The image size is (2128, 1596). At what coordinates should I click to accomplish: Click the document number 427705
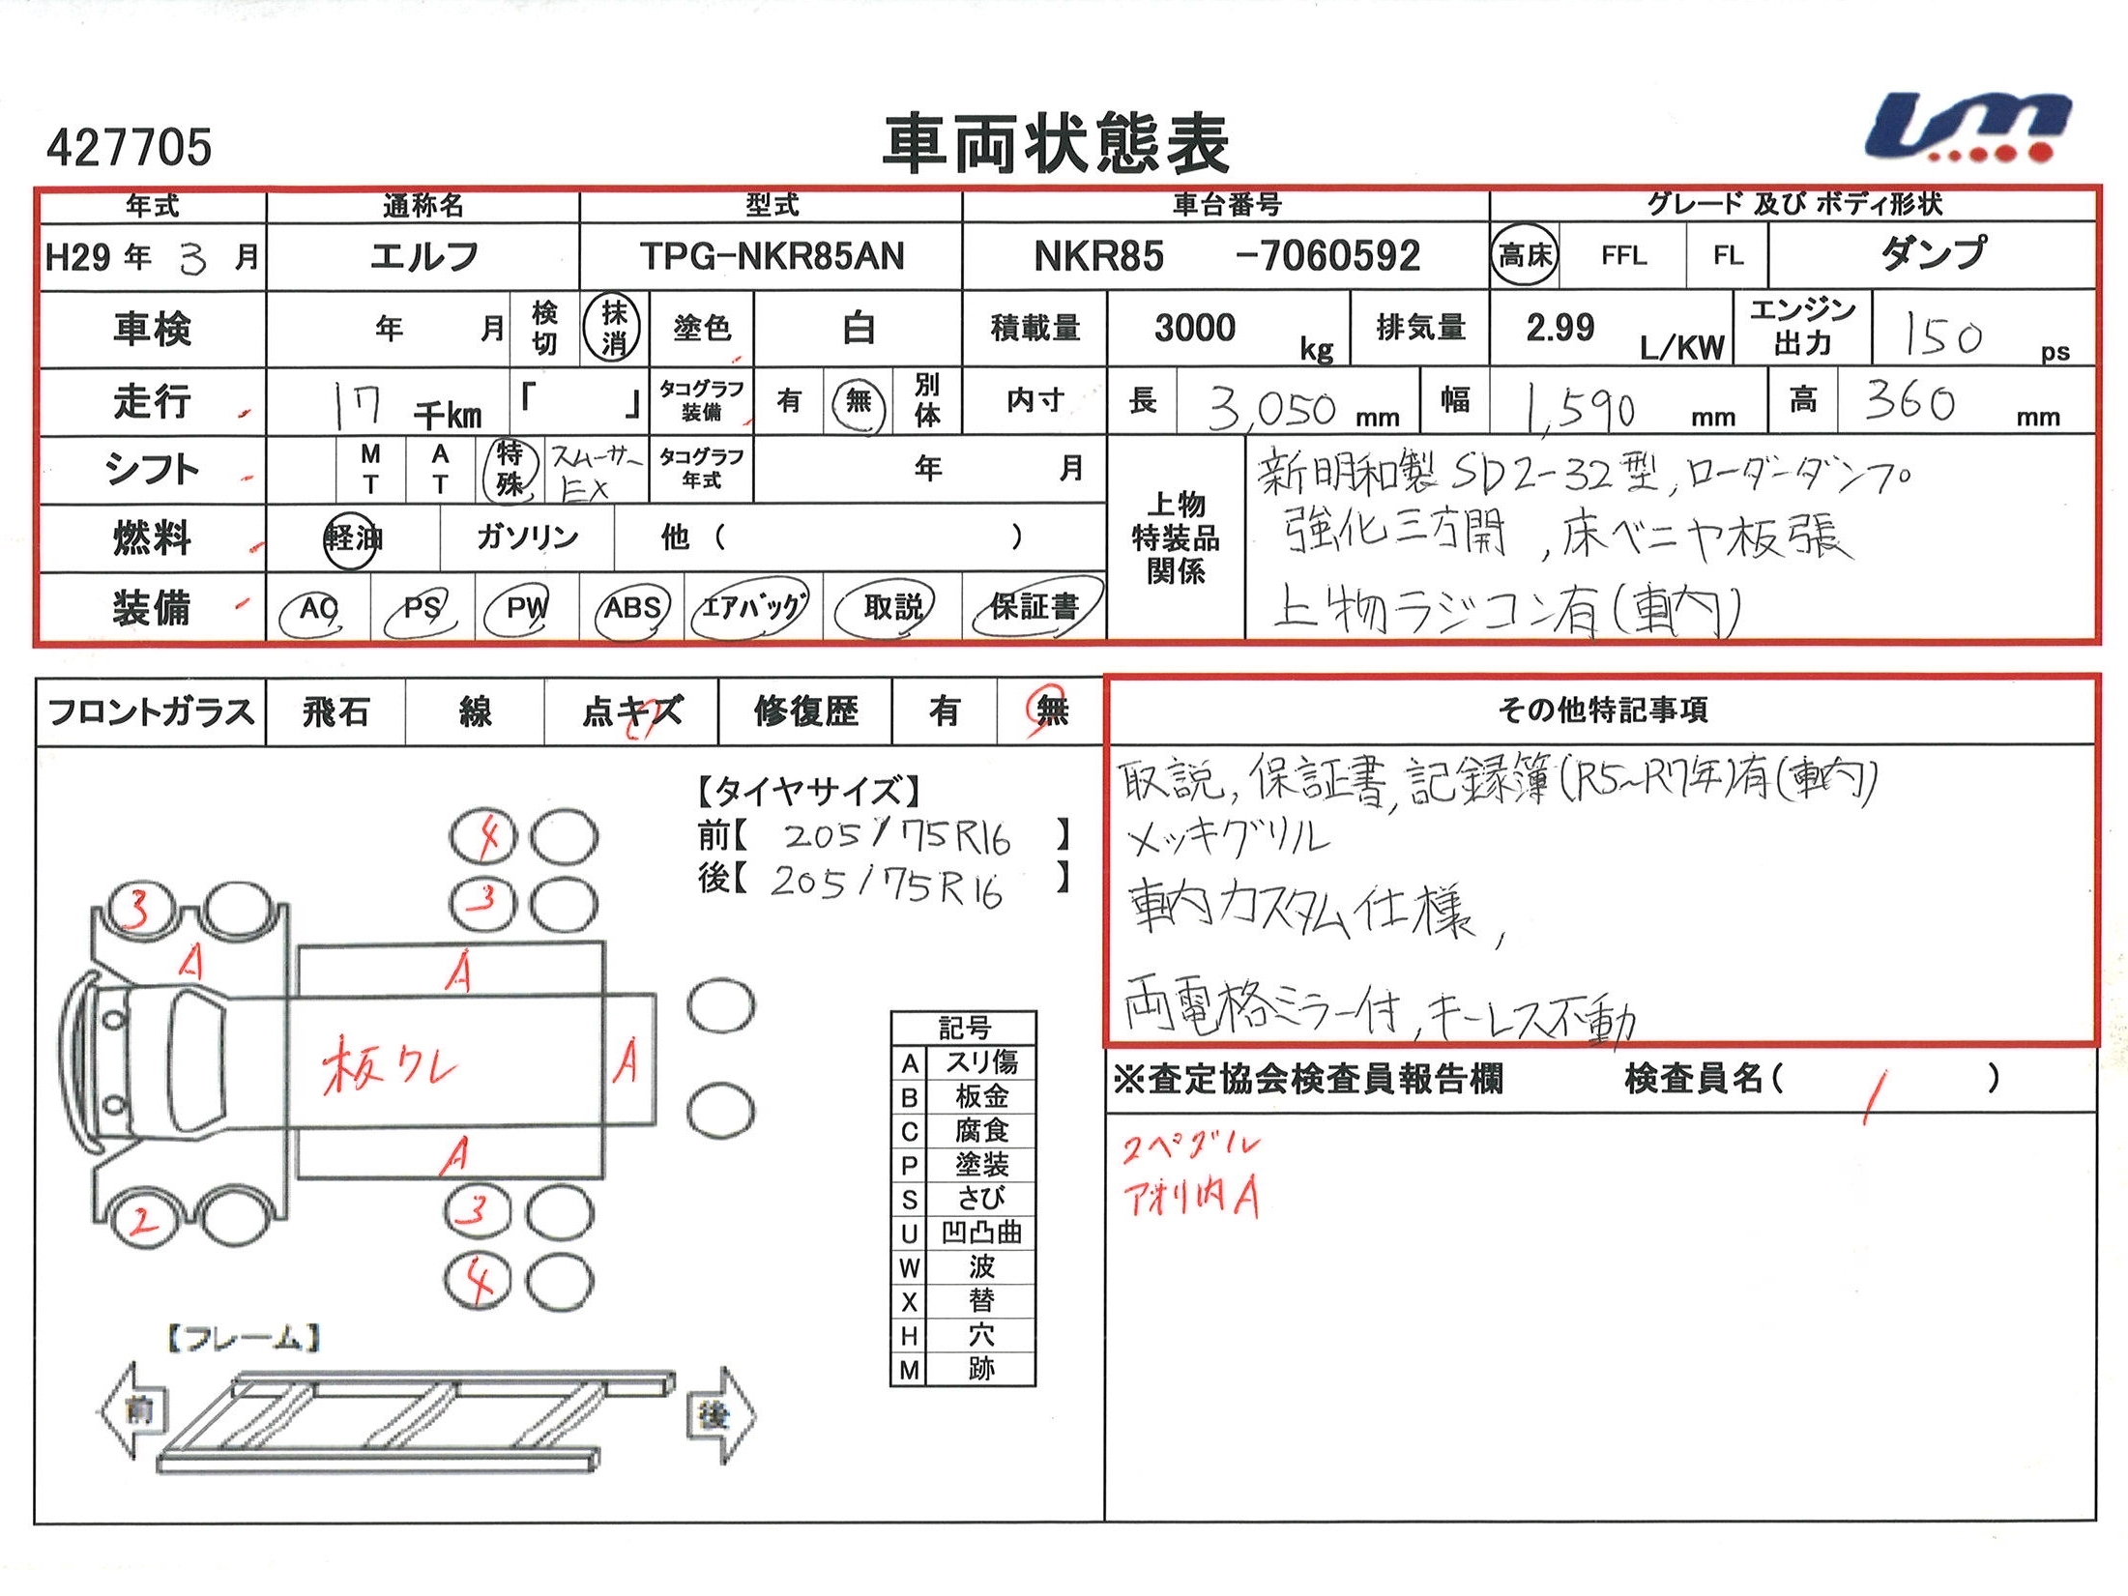click(130, 147)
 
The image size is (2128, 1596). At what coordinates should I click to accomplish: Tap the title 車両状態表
click(1056, 144)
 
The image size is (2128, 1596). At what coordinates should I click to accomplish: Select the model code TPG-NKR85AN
click(772, 256)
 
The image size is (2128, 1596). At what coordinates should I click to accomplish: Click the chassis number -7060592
click(1328, 256)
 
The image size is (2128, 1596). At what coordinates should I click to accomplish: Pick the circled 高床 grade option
click(1524, 255)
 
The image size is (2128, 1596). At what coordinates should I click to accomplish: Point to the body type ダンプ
click(1933, 253)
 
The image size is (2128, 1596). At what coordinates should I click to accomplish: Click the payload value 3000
click(1195, 329)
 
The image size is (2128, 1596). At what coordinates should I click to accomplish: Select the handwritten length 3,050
click(1272, 409)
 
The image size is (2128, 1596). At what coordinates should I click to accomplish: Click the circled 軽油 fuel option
click(352, 537)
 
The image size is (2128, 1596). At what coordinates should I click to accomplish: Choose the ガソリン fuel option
click(527, 537)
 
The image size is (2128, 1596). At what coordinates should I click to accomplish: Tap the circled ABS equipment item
click(632, 608)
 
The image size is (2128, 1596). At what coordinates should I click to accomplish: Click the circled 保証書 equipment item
click(1035, 607)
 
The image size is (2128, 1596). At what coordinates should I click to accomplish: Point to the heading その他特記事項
click(1602, 711)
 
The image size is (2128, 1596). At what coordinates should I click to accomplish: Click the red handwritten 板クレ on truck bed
click(389, 1065)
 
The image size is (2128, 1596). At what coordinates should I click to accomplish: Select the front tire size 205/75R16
click(896, 837)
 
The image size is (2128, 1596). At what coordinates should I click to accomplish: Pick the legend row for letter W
click(963, 1266)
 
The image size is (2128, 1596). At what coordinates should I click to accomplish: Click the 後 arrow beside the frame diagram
click(717, 1415)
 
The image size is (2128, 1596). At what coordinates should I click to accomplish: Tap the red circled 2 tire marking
click(142, 1221)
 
